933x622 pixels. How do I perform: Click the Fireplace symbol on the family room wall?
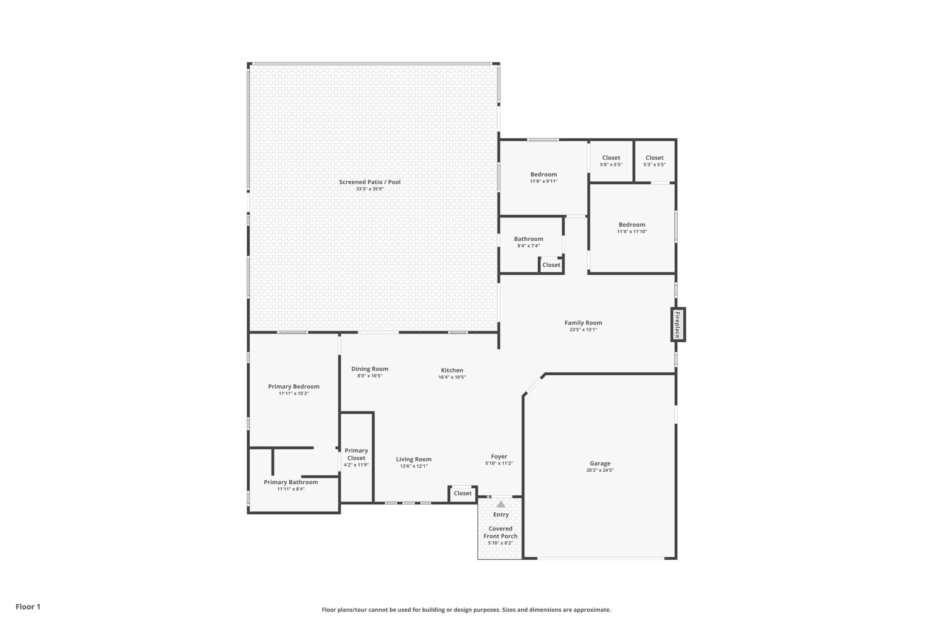(x=678, y=324)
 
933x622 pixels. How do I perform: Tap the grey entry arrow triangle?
(x=501, y=504)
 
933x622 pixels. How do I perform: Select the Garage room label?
(x=600, y=464)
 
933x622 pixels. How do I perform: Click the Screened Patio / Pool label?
(x=370, y=182)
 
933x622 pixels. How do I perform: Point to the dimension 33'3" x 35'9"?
(x=370, y=189)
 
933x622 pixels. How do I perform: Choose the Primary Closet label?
(x=356, y=454)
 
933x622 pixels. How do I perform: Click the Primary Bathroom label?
(x=291, y=482)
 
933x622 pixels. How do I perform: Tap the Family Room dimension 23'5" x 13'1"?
(x=583, y=330)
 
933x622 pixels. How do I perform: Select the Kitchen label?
(x=452, y=370)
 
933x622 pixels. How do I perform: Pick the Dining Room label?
(x=370, y=369)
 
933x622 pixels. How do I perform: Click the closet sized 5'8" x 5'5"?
(x=611, y=161)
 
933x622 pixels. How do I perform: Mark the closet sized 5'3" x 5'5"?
(x=655, y=161)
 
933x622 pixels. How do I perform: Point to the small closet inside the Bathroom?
(x=551, y=265)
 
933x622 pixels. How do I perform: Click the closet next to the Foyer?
(x=462, y=493)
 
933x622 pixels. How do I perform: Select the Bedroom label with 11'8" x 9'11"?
(x=544, y=175)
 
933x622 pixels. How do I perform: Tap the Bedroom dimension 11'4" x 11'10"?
(x=632, y=232)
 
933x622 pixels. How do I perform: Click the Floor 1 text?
(x=28, y=607)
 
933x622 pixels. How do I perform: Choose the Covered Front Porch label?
(x=501, y=532)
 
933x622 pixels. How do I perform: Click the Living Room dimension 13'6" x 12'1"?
(x=414, y=466)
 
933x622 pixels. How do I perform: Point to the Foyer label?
(x=499, y=456)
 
